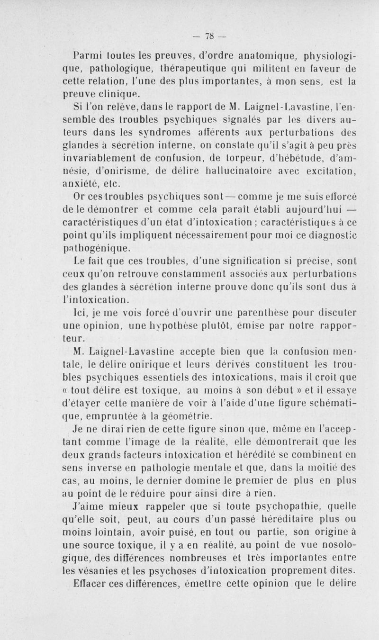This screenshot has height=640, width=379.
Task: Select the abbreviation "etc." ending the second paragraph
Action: [108, 193]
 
